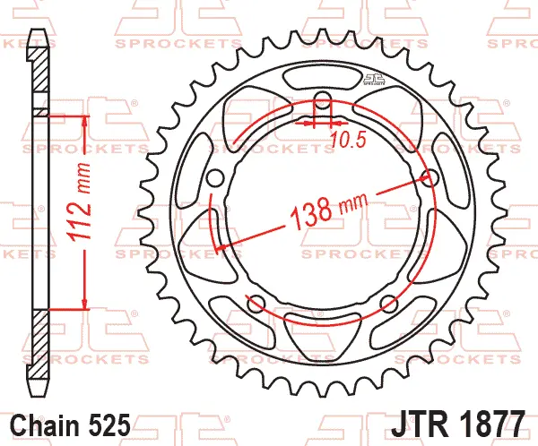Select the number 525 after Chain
pos(112,423)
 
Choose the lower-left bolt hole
pos(255,301)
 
